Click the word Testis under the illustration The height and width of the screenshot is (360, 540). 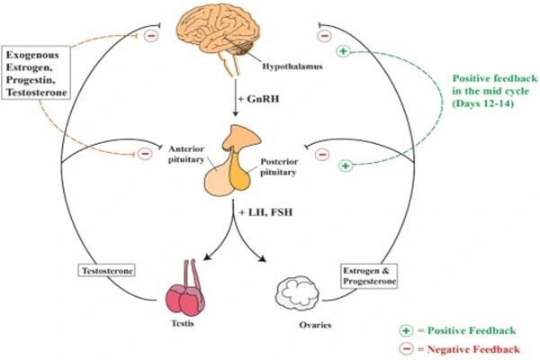(184, 332)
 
